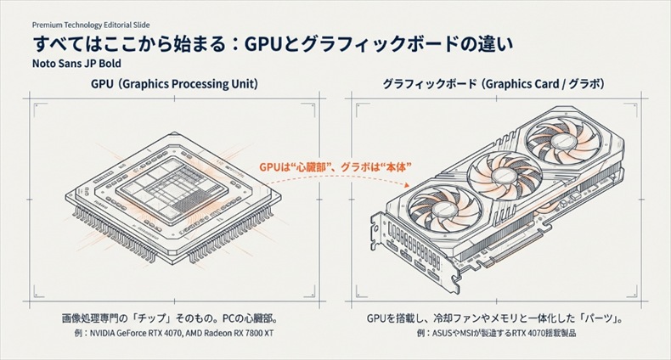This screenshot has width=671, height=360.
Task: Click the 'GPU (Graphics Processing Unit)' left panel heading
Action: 174,85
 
